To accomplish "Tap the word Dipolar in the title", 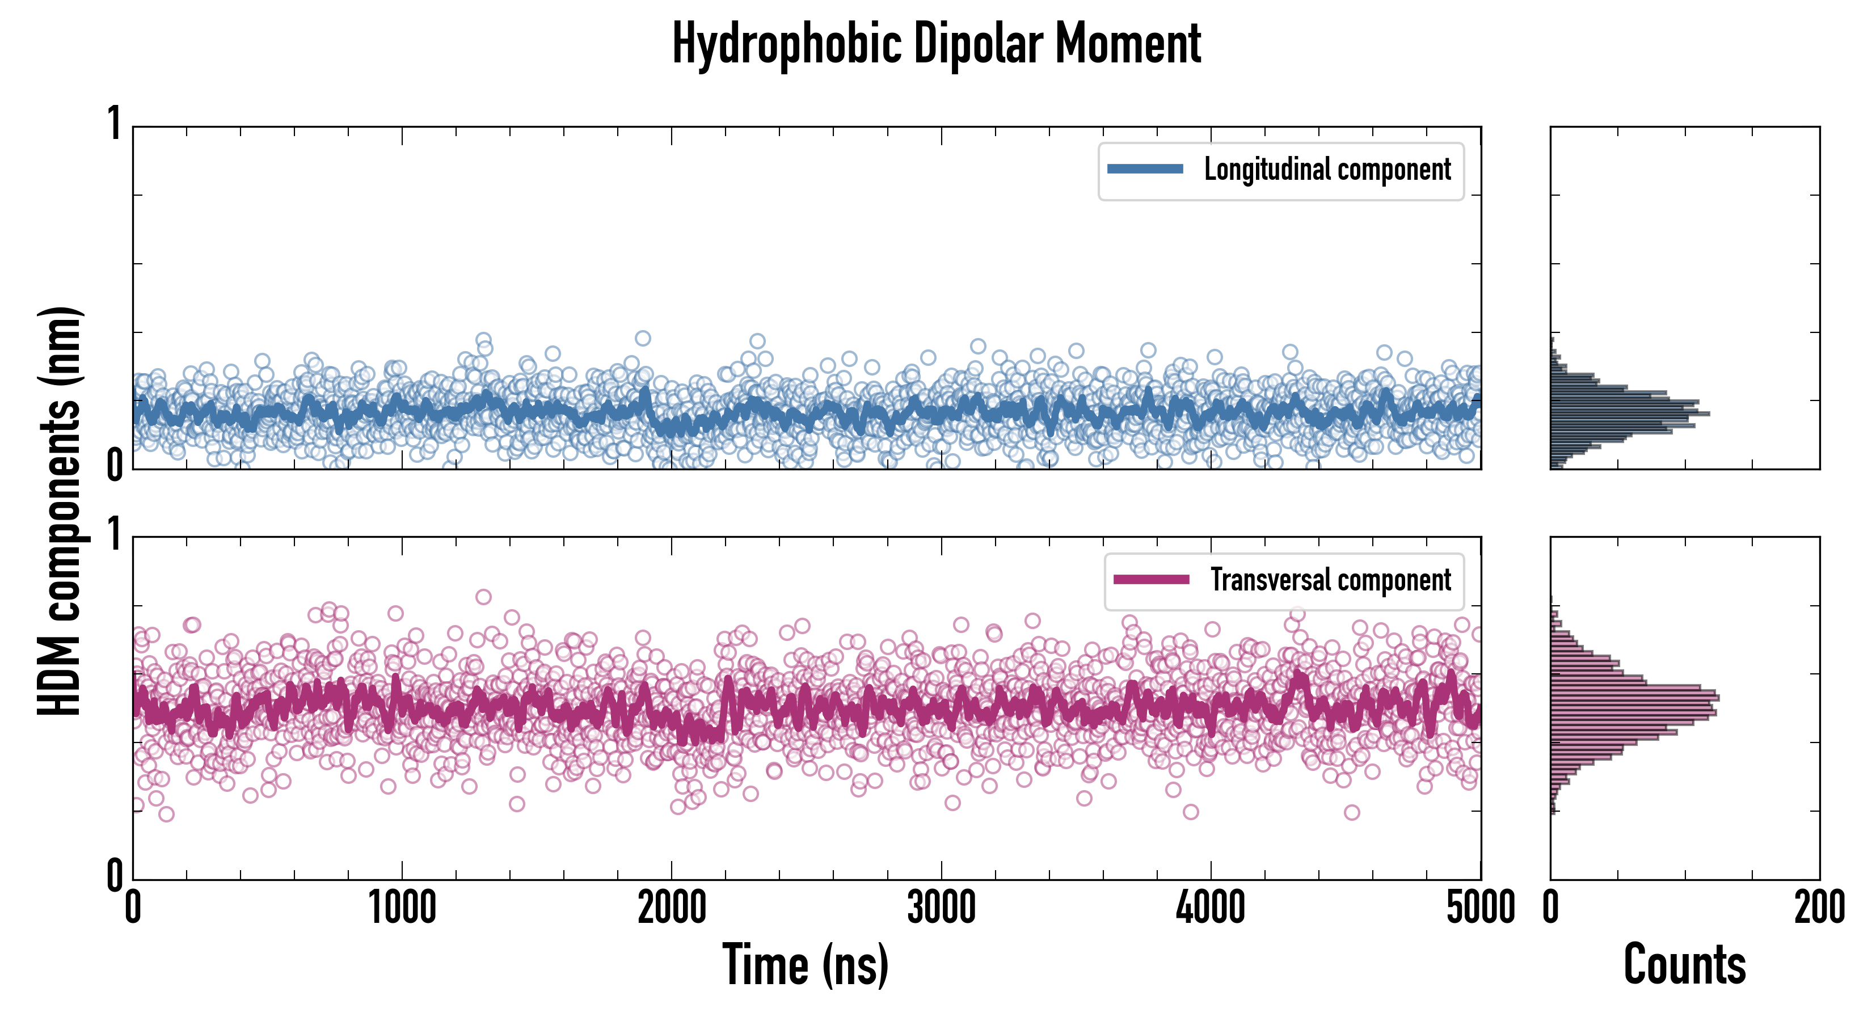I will point(977,44).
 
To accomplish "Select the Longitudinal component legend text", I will point(1327,170).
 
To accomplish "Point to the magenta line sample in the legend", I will point(1151,580).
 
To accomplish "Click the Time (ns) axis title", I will point(805,965).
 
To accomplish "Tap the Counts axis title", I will point(1684,965).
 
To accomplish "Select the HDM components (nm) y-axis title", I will point(60,511).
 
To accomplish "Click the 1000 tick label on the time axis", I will point(402,908).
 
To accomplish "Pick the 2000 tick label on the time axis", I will point(672,908).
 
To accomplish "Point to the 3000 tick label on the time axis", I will point(941,908).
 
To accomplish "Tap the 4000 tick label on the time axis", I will point(1211,908).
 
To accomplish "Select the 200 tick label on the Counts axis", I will point(1819,908).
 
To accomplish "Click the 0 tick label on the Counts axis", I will point(1551,908).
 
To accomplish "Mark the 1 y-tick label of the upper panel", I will point(114,124).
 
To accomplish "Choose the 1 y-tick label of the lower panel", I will point(114,535).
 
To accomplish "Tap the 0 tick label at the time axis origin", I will point(132,908).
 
